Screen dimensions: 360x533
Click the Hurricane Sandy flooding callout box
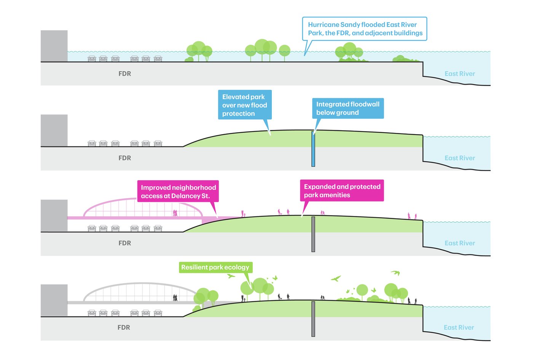pos(364,29)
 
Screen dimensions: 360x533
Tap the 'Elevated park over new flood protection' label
pos(244,105)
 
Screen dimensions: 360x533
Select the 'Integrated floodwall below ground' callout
pos(348,109)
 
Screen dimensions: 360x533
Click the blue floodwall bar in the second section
pos(313,149)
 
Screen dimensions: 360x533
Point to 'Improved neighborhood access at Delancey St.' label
pos(178,191)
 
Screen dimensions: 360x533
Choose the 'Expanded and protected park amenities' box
pos(342,190)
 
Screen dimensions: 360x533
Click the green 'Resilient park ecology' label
pos(215,267)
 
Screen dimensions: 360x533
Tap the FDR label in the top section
pos(124,74)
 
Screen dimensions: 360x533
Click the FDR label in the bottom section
pos(124,328)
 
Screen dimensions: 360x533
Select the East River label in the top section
pos(460,74)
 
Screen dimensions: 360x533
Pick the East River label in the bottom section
pos(459,328)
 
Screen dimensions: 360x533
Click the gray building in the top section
pos(54,46)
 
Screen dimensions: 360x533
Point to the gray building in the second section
pos(54,130)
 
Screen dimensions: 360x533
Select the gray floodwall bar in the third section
pos(313,234)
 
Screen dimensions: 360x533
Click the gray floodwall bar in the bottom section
pos(313,319)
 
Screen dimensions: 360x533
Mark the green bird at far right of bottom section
pos(396,272)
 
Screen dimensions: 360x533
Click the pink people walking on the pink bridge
pos(175,213)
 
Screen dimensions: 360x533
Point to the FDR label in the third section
pos(124,243)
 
